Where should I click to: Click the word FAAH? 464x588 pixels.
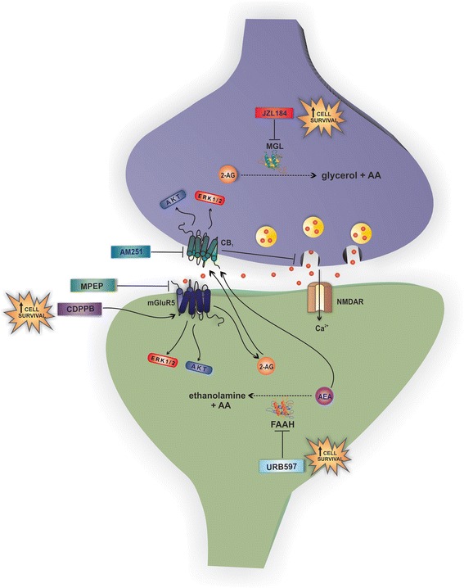(x=282, y=427)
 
